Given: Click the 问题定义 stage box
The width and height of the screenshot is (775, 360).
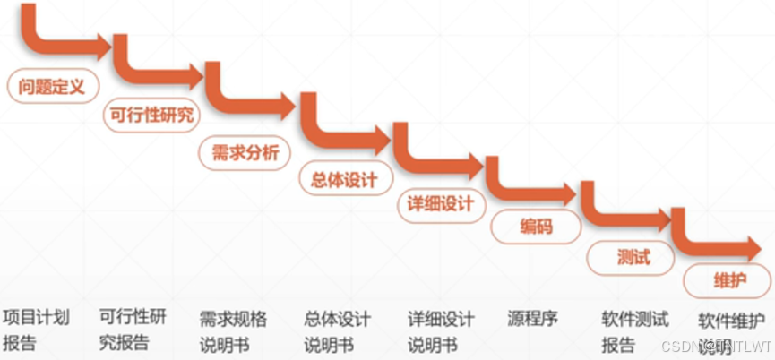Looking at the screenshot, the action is [x=51, y=87].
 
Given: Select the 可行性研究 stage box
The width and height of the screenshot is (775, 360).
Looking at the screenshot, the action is [x=151, y=116].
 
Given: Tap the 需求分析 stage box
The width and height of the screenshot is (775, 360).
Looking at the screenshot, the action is [x=245, y=151].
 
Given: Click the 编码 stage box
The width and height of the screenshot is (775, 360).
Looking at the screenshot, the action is [x=536, y=227].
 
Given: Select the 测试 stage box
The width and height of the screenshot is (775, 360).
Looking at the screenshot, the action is [x=633, y=258].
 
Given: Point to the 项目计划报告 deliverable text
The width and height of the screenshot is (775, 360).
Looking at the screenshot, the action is [x=37, y=329].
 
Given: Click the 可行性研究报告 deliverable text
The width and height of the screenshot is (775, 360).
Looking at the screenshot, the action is [x=132, y=329].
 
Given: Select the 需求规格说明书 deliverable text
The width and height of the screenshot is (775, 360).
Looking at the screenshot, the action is [x=233, y=330].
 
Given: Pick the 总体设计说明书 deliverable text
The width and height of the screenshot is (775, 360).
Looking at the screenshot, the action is [x=337, y=330].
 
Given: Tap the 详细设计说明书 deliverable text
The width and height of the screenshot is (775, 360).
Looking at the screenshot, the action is [x=440, y=330].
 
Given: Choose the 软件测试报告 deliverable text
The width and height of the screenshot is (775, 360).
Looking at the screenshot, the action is [x=634, y=330].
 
